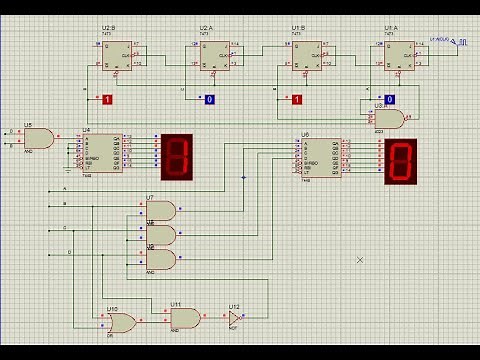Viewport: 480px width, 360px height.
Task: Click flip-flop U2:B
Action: pos(118,55)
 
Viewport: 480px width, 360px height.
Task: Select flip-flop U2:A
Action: pos(215,55)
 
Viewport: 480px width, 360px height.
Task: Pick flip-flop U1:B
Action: pos(307,55)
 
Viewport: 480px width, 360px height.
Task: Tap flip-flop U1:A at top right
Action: pos(400,55)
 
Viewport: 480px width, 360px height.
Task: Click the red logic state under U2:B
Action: pos(107,99)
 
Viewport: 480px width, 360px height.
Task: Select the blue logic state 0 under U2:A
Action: pos(209,99)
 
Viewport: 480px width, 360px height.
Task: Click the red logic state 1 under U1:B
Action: pos(296,99)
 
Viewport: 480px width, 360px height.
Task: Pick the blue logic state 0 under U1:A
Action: pos(390,99)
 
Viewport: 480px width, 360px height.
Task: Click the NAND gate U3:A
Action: pos(391,118)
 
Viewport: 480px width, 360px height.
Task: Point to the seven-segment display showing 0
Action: pos(400,161)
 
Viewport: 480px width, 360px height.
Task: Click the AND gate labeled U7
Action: pos(161,210)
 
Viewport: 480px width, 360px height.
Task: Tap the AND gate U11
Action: pos(186,317)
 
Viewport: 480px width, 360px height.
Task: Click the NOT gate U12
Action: pos(234,317)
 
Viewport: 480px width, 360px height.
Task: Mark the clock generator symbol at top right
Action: pos(458,41)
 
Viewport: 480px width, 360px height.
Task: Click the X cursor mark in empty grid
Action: pos(360,260)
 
